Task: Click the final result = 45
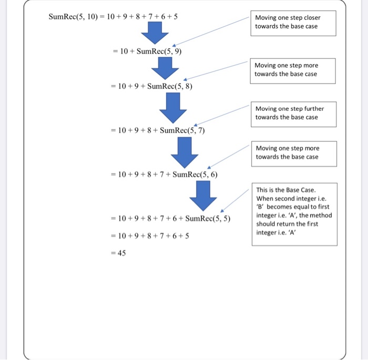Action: (118, 253)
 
